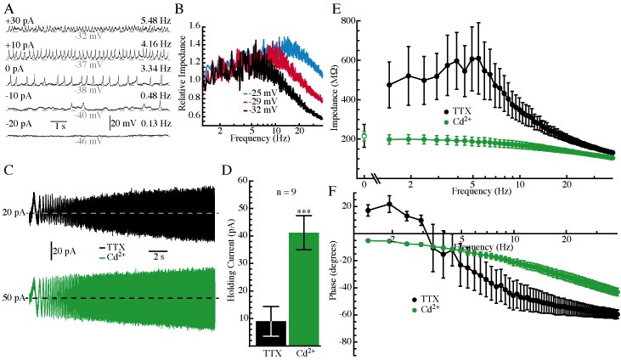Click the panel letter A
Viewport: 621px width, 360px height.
(x=10, y=9)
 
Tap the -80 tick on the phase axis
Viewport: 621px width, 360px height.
(x=346, y=340)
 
